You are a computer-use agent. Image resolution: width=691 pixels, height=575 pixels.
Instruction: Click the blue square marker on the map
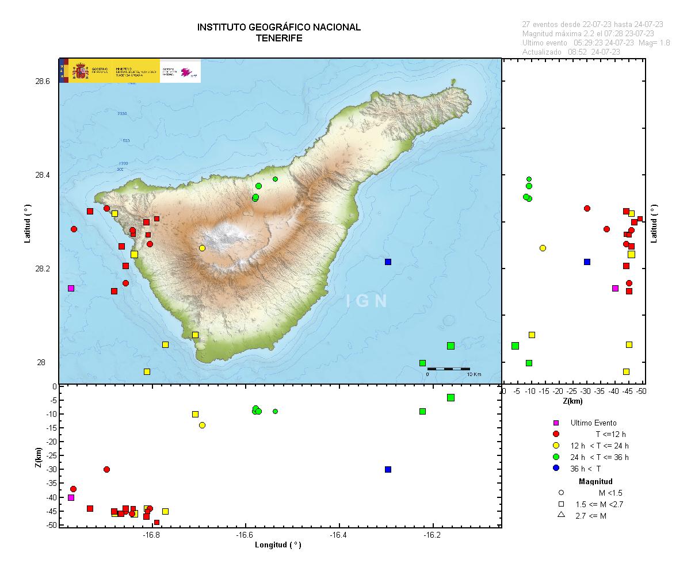tap(388, 262)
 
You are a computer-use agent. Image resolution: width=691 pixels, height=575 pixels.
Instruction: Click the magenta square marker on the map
tap(71, 288)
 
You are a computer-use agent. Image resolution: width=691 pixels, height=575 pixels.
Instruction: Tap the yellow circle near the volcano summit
tap(202, 248)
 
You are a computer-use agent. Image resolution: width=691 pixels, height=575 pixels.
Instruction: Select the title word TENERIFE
tap(279, 38)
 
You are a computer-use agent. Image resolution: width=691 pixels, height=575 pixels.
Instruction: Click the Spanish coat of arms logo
tap(81, 71)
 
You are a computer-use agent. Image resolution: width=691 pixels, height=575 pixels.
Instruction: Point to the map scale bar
tap(448, 368)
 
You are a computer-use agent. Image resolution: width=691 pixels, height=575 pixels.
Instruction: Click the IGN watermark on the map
tap(367, 301)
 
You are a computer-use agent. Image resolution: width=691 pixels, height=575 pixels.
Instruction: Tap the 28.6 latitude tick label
tap(43, 82)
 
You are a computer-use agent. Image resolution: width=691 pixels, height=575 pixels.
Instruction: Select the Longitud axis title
tap(278, 545)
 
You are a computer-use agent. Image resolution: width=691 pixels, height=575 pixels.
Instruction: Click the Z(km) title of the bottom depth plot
tap(38, 458)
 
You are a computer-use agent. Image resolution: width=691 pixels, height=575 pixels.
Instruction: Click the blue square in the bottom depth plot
tap(388, 469)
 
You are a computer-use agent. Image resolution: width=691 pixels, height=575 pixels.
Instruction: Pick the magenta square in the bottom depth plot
tap(71, 497)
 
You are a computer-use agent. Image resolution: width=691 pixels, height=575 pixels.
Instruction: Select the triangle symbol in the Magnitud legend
tap(561, 515)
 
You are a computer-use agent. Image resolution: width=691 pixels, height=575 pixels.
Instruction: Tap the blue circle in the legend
tap(556, 468)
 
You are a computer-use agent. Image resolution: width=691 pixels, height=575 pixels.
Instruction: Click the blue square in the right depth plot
tap(587, 262)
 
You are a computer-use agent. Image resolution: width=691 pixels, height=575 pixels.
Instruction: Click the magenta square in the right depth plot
tap(615, 288)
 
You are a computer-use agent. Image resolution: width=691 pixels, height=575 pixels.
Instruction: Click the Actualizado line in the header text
tap(571, 52)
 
